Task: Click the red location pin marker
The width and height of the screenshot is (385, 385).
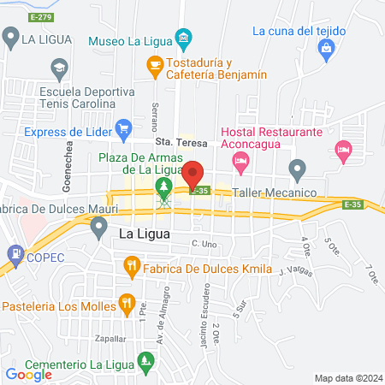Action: click(194, 175)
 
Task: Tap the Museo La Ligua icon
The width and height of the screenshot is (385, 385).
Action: click(183, 39)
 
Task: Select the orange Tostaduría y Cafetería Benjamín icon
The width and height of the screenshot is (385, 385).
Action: click(155, 63)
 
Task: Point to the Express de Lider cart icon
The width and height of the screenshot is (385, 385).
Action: click(123, 129)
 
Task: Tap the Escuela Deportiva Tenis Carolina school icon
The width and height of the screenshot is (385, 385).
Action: click(59, 67)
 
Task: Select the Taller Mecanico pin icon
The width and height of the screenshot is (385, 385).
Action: click(297, 169)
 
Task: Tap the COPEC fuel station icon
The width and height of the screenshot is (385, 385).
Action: click(15, 255)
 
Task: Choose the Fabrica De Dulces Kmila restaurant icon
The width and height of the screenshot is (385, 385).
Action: click(131, 266)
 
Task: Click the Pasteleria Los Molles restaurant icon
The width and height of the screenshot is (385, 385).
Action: click(127, 302)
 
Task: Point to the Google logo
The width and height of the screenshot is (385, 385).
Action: click(29, 374)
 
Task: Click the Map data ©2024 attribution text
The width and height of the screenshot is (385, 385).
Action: click(346, 378)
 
